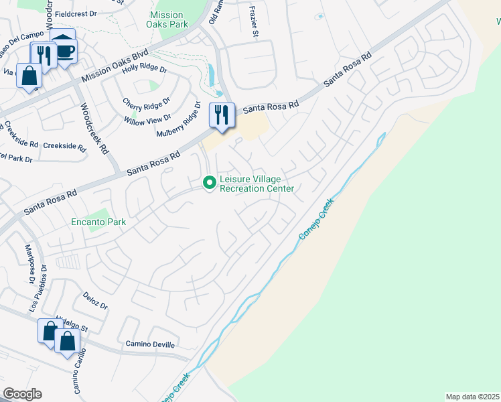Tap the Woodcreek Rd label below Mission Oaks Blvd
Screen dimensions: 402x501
(94, 129)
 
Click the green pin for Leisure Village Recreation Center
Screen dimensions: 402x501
(210, 182)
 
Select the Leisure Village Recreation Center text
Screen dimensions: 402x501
(257, 184)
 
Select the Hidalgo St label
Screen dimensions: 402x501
(72, 323)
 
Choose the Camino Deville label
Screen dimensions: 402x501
(150, 344)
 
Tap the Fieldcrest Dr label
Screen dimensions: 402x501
(77, 13)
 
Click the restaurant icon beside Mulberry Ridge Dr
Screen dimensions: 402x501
(222, 115)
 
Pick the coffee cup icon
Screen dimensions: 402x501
(65, 51)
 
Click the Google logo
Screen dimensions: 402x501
(22, 394)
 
